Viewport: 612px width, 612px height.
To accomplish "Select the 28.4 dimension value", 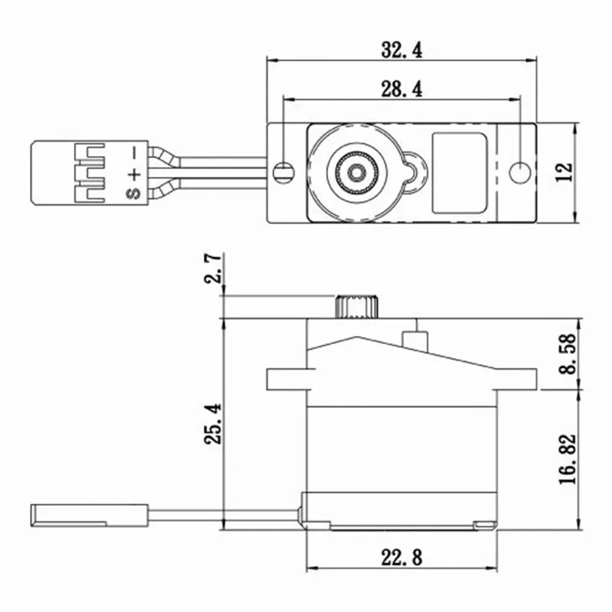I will coord(402,90).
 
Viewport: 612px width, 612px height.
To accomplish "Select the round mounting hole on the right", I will coord(520,172).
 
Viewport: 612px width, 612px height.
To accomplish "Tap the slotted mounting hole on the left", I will coord(284,170).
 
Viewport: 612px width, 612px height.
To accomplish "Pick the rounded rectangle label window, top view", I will coord(459,173).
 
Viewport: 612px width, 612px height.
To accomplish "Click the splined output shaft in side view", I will coord(355,306).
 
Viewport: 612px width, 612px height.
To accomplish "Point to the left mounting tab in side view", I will coord(287,379).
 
